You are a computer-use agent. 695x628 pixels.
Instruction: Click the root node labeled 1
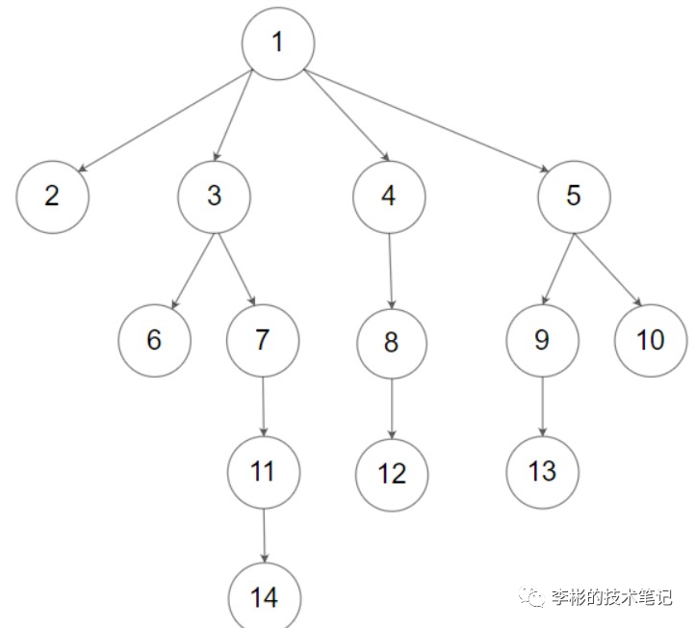(x=278, y=44)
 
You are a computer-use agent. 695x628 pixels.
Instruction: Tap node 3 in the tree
(x=214, y=196)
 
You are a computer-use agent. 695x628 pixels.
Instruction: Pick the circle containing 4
(x=388, y=196)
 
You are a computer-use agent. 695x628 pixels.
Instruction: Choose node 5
(x=574, y=196)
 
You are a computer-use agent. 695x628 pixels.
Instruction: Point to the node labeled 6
(x=155, y=341)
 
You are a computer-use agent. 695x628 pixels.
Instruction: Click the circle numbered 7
(x=263, y=340)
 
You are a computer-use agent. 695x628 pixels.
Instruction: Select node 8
(x=391, y=343)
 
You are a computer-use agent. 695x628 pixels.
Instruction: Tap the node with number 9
(x=542, y=340)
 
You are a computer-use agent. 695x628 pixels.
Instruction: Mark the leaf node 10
(x=651, y=340)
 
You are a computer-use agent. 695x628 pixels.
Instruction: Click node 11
(x=264, y=472)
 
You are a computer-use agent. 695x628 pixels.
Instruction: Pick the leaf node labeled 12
(x=392, y=474)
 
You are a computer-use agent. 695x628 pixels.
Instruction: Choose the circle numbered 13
(x=542, y=471)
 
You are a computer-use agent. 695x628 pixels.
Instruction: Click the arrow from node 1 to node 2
(x=164, y=120)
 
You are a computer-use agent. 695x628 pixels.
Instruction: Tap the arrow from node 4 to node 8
(x=390, y=269)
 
